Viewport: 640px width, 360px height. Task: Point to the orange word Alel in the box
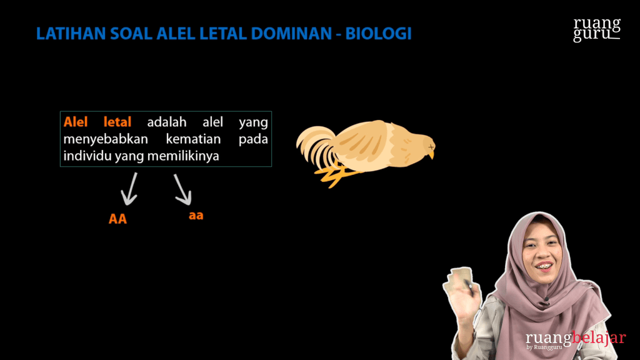click(x=76, y=122)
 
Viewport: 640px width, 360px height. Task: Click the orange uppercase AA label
click(x=117, y=219)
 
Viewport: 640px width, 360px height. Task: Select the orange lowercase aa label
click(x=196, y=216)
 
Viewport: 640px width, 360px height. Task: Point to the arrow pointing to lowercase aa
click(x=182, y=189)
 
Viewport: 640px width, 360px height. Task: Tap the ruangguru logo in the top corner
click(x=597, y=29)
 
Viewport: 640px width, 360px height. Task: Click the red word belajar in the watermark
click(x=599, y=338)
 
